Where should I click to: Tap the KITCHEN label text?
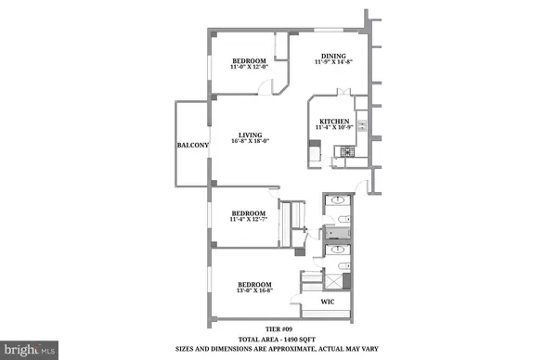tap(333, 121)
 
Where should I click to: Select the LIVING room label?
tap(246, 134)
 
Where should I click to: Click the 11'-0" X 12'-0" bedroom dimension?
tap(251, 68)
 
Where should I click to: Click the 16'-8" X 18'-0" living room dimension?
tap(246, 141)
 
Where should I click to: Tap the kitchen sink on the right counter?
tap(361, 121)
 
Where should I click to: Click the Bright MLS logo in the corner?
tap(29, 350)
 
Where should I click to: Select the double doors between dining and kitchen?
tap(344, 93)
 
